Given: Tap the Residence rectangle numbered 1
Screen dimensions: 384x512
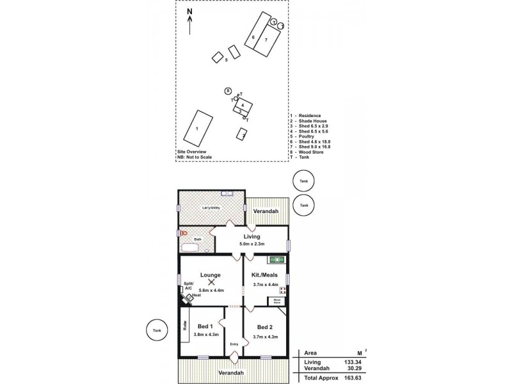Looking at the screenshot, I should point(198,127).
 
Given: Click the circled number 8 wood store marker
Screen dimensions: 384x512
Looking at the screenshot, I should point(228,91).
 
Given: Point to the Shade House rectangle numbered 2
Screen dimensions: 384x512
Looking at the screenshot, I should point(242,134).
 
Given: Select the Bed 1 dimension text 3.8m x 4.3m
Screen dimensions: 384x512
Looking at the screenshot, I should point(207,335).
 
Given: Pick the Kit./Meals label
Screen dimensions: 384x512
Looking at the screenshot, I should point(264,275).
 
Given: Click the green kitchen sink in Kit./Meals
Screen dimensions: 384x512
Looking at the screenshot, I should point(276,259).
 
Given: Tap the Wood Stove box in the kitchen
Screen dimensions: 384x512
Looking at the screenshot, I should point(278,301).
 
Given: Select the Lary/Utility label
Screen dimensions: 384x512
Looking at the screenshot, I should point(212,208).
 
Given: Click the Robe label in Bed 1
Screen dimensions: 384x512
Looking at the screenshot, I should point(185,325).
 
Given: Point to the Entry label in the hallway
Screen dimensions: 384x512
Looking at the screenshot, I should point(234,344).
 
